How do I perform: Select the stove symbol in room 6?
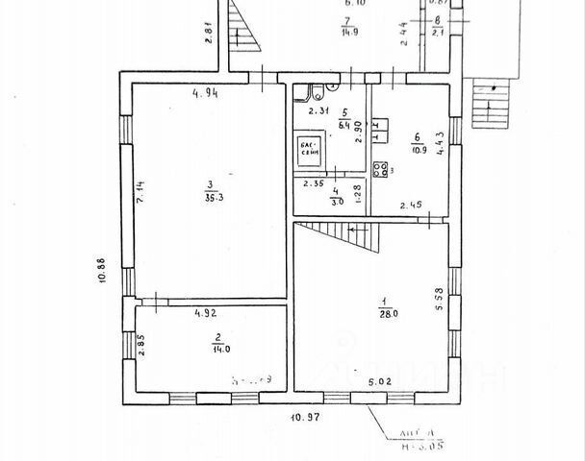point(381,170)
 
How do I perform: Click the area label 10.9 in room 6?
point(419,150)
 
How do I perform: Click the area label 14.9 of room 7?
point(349,34)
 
